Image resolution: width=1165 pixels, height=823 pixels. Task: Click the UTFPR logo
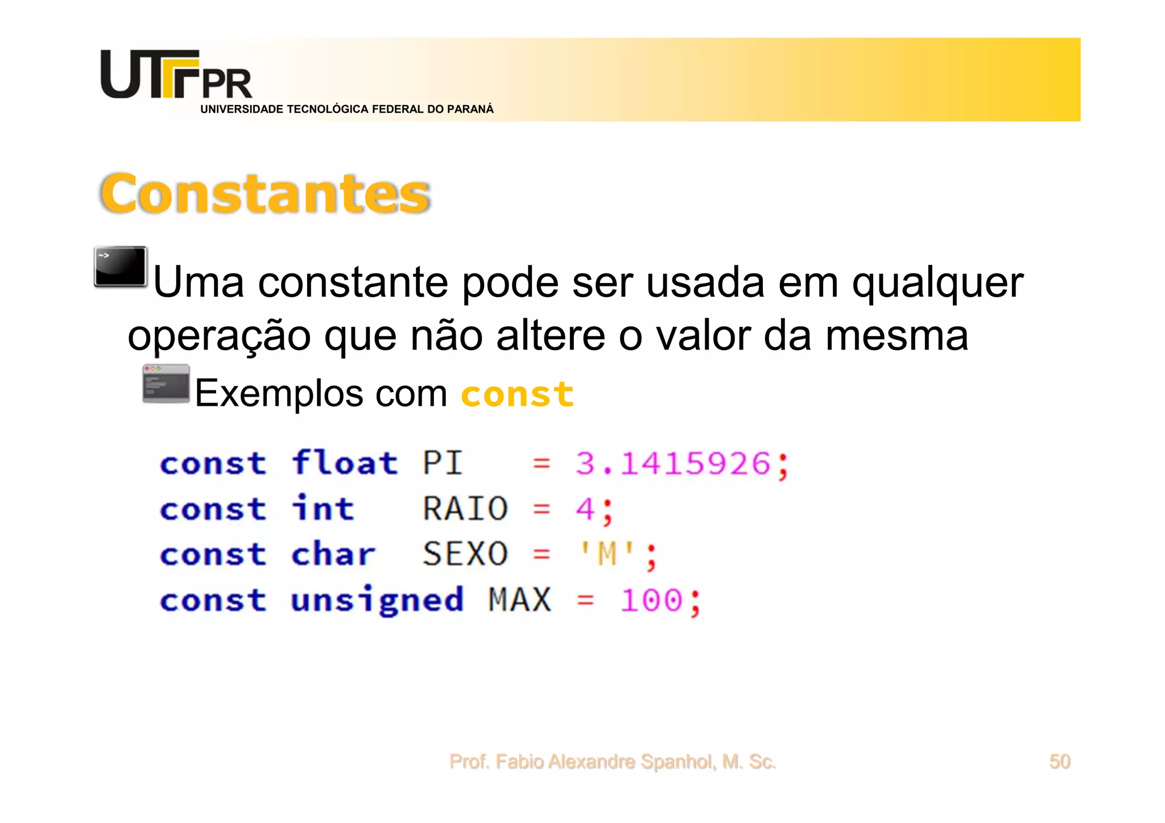point(176,75)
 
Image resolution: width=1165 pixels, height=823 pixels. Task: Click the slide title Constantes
point(265,194)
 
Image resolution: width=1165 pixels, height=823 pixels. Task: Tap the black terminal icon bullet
point(121,266)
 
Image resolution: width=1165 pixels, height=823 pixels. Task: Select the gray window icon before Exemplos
point(166,384)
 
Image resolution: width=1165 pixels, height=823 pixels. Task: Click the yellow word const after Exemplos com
point(517,394)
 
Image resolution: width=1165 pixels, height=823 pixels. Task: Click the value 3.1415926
point(673,463)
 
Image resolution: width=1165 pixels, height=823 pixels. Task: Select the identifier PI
point(442,463)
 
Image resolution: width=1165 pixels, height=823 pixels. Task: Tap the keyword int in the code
point(323,508)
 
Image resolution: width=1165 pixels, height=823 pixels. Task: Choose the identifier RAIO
point(465,509)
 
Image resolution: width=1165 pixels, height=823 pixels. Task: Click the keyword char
point(333,554)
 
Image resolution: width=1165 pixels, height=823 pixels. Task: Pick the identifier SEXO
point(465,554)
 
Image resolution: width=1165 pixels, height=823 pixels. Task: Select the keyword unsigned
point(377,600)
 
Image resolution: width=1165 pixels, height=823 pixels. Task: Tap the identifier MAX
point(520,600)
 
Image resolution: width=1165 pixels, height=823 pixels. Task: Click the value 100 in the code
point(651,600)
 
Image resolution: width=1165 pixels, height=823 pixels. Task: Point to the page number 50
point(1059,761)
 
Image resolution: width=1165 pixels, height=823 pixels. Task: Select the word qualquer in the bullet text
point(937,282)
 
